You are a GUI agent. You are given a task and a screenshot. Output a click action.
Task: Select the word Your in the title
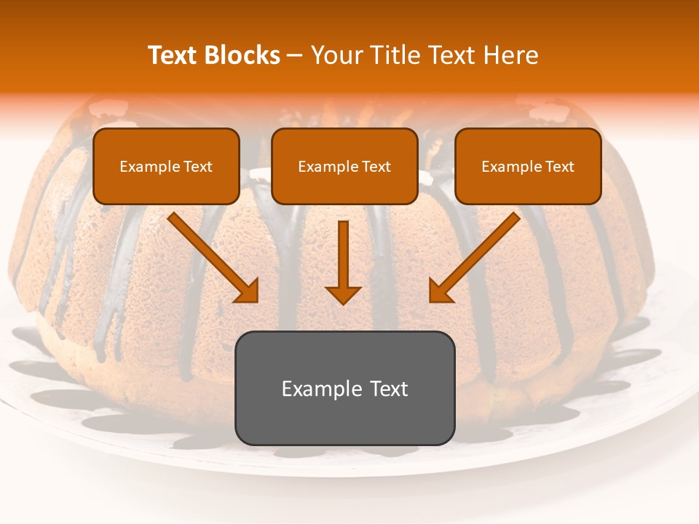[x=334, y=55]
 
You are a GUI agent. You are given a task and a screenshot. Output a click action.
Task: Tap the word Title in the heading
[x=393, y=55]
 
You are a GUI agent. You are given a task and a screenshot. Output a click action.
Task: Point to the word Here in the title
[x=510, y=55]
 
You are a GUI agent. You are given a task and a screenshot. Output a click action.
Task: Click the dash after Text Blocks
[x=296, y=56]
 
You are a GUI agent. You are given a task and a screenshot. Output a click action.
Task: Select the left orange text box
[x=166, y=166]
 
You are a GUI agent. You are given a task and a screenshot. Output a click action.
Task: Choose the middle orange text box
[x=344, y=166]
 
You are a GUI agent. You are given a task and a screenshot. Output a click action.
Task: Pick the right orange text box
[x=528, y=166]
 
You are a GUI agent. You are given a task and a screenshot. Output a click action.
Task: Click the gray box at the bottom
[x=344, y=388]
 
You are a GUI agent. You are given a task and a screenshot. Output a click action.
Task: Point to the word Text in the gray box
[x=387, y=389]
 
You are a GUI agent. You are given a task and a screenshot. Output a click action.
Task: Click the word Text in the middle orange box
[x=376, y=167]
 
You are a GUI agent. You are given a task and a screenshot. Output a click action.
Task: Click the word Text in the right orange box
[x=559, y=167]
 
